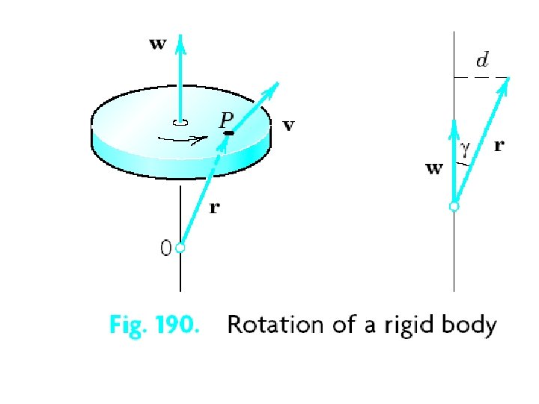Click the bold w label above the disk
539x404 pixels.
[157, 44]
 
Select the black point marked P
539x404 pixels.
[229, 132]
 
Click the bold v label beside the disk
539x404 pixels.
[288, 126]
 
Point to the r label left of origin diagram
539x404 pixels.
[214, 208]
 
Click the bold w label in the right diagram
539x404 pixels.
[434, 168]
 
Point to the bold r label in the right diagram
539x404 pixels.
[499, 147]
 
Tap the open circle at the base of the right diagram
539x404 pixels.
[454, 206]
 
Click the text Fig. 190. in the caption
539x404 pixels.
[154, 325]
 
